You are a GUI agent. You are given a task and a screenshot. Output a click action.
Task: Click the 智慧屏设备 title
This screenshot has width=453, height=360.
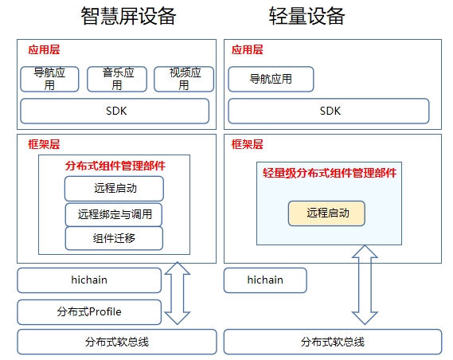[x=128, y=16]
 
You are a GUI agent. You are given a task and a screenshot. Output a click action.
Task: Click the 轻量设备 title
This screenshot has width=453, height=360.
[x=307, y=16]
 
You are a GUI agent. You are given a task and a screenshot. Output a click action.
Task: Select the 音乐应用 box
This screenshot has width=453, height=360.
[x=117, y=79]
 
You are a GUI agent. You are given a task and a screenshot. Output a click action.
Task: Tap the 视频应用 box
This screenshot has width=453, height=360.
[x=184, y=79]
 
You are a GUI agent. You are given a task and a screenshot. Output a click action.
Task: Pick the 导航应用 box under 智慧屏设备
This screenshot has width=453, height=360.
[x=49, y=79]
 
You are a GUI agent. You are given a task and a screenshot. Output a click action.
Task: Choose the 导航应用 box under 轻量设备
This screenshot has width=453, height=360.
[x=271, y=79]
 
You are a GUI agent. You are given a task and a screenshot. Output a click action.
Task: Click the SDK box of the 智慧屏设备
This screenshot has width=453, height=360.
[x=115, y=111]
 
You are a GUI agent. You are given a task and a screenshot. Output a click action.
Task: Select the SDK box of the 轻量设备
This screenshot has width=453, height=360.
[x=329, y=111]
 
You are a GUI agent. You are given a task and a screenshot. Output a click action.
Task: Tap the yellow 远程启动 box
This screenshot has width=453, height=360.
[x=326, y=213]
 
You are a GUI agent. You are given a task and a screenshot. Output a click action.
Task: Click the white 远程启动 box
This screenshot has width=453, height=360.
[x=114, y=189]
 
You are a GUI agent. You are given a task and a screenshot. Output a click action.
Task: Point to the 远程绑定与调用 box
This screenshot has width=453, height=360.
[x=114, y=215]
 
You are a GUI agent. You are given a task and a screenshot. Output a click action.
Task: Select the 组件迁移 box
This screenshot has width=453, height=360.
[x=114, y=238]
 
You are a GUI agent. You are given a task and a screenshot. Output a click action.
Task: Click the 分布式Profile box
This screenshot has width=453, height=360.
[x=89, y=312]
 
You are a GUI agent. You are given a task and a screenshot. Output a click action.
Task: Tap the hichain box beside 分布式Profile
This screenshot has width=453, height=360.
[x=89, y=280]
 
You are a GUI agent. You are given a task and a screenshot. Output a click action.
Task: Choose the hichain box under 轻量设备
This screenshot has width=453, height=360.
[x=265, y=280]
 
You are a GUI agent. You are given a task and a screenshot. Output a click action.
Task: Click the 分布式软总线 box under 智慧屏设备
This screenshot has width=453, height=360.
[x=117, y=342]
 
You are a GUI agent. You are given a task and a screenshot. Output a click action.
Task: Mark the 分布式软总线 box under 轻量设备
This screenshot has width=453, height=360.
[x=333, y=342]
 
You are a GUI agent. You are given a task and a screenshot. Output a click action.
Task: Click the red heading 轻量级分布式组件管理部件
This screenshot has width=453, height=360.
[x=330, y=173]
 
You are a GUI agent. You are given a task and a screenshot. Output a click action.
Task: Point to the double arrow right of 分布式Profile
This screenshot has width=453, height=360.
[x=178, y=293]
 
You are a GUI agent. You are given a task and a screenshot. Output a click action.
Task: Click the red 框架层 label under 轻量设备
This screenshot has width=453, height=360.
[x=248, y=144]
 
